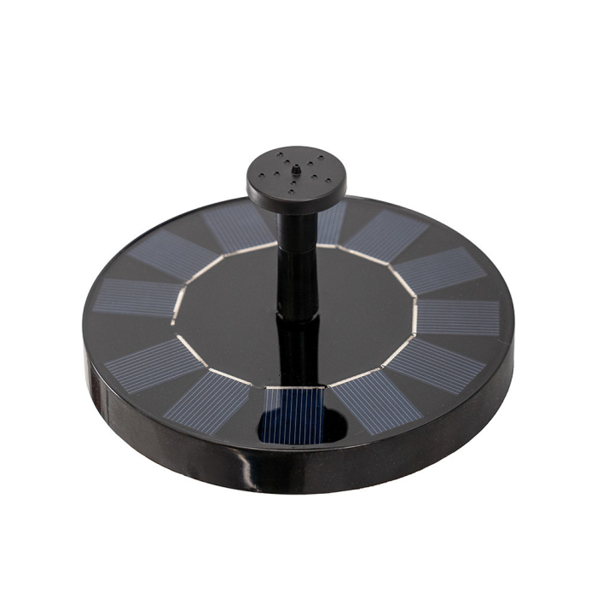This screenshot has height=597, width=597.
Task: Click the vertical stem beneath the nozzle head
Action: pyautogui.click(x=297, y=256)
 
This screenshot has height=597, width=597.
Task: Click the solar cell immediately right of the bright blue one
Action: pyautogui.click(x=375, y=401)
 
